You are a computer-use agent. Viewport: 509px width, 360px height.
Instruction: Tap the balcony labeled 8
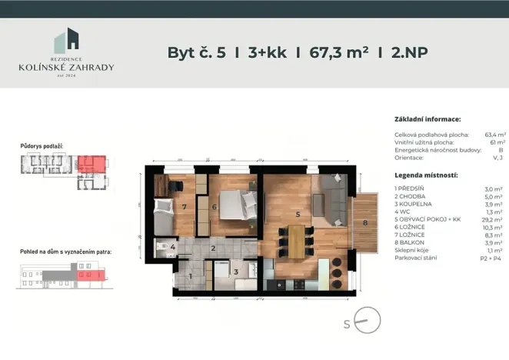point(366,223)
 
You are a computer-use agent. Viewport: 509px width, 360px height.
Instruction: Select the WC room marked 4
point(173,247)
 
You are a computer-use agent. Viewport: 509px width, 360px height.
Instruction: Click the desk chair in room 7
point(176,185)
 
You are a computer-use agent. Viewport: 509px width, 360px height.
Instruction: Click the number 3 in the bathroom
point(235,271)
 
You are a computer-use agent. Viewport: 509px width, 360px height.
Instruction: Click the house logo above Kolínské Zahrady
point(66,42)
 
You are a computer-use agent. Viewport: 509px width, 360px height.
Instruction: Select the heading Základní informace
point(427,120)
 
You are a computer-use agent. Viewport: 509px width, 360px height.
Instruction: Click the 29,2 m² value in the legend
point(494,218)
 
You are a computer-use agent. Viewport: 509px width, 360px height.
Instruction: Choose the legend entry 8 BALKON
point(414,242)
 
